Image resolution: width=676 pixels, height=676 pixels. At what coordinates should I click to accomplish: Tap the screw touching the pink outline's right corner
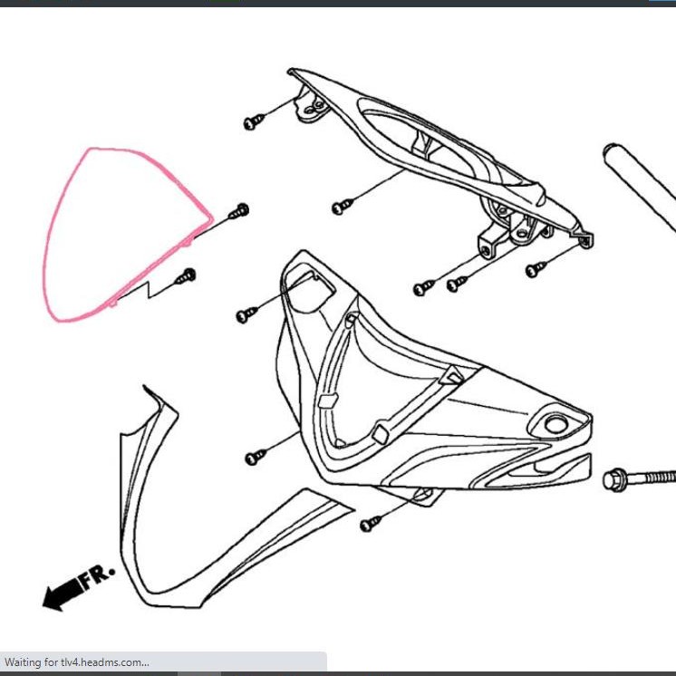239,212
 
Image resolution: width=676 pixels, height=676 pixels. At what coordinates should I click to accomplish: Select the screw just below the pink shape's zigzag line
187,275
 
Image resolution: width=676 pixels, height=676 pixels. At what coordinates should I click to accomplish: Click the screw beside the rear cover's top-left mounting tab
253,121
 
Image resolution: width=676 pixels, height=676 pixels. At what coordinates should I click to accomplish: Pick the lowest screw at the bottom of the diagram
371,524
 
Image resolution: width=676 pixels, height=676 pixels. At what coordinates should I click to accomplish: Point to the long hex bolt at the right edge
639,476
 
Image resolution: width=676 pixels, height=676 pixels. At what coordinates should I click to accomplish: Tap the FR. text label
98,576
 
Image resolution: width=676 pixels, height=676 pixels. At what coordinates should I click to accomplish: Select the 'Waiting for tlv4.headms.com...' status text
76,662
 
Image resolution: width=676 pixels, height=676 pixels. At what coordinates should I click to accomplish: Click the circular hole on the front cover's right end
554,422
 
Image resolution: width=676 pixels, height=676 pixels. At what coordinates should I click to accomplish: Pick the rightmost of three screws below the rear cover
536,268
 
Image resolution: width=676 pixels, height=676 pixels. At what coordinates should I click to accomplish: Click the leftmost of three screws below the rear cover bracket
422,288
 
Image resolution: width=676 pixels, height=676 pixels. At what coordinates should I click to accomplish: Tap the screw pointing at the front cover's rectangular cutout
246,314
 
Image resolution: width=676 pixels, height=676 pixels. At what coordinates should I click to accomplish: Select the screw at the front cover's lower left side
256,457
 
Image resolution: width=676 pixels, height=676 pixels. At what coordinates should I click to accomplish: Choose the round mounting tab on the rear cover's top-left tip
316,108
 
